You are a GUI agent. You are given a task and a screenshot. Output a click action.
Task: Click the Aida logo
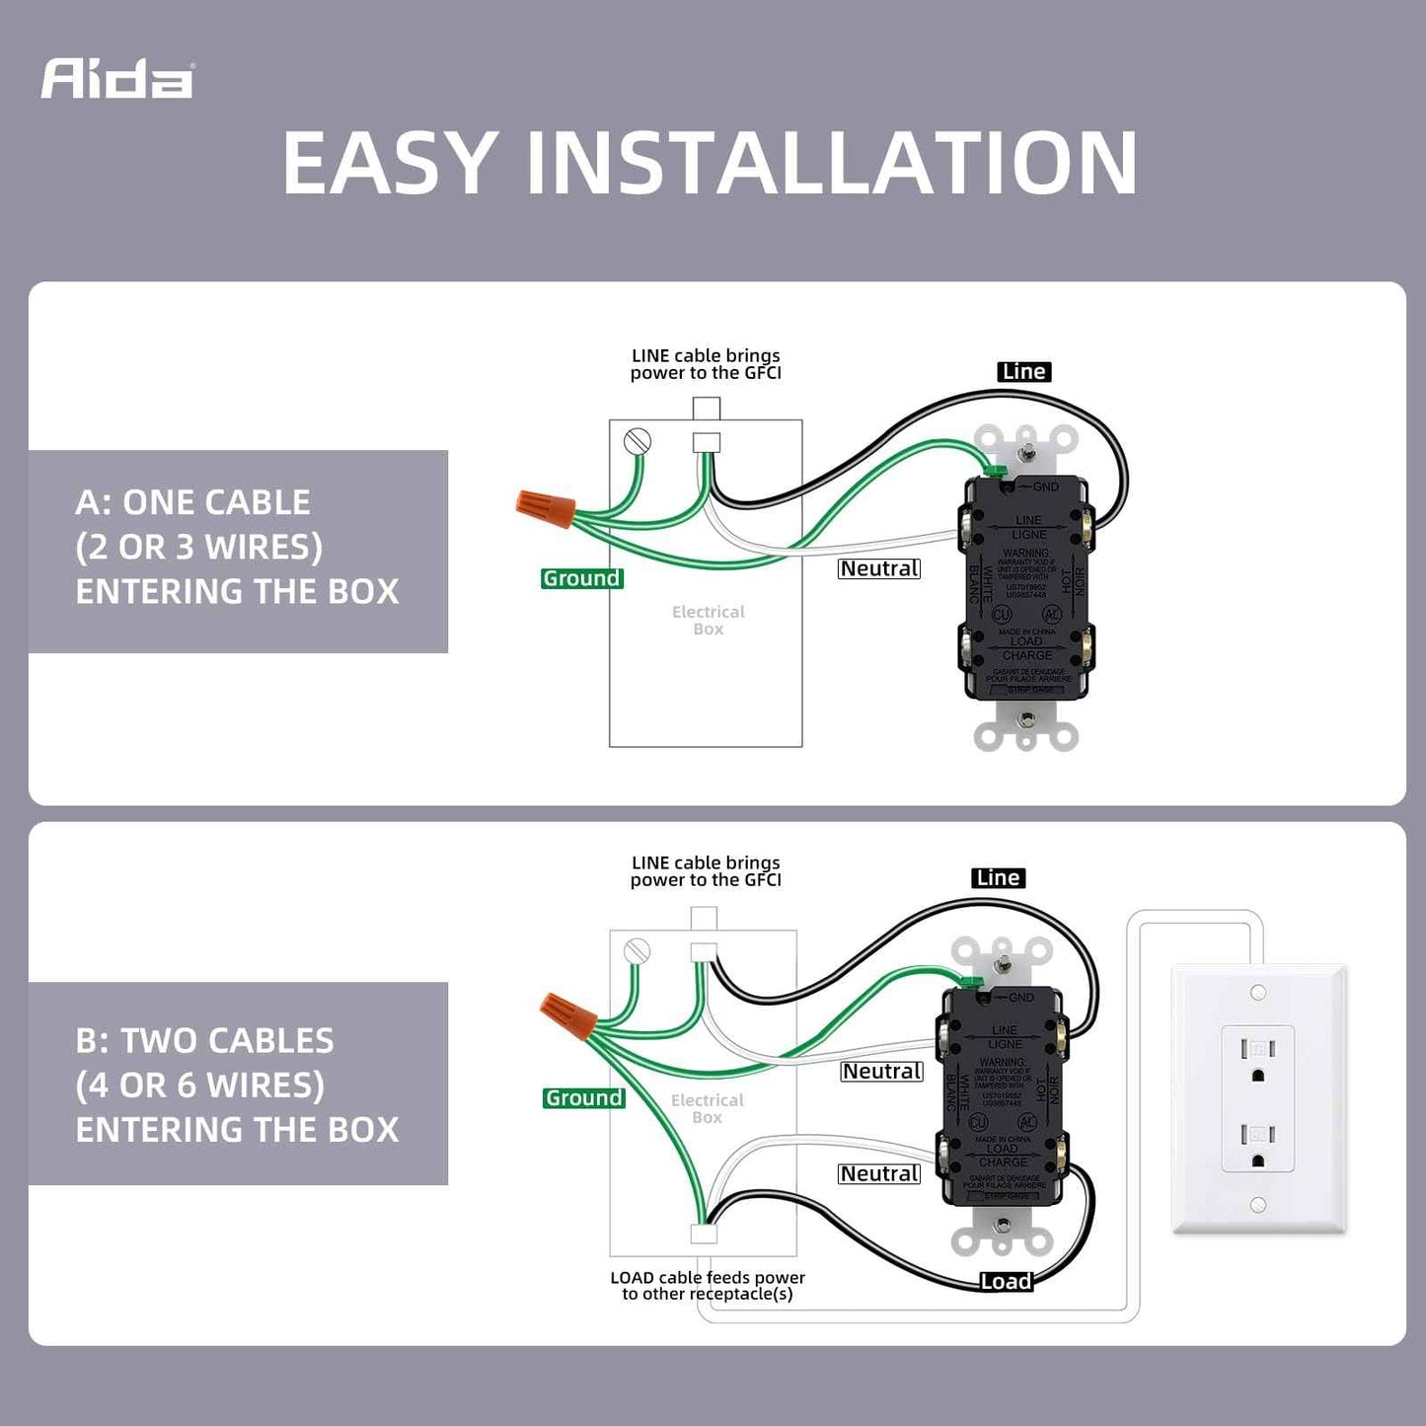[x=116, y=79]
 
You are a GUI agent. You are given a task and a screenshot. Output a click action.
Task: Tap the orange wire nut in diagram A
[x=546, y=507]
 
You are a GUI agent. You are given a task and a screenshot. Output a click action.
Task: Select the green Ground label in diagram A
[x=581, y=578]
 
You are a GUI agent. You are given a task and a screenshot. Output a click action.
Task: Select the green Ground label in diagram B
[x=583, y=1097]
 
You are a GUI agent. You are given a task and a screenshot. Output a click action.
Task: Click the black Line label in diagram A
[x=1023, y=372]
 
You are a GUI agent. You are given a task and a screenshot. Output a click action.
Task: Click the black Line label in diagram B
[x=998, y=878]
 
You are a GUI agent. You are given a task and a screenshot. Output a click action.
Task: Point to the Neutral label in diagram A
[x=878, y=568]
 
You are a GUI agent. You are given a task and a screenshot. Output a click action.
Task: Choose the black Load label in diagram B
[x=1006, y=1281]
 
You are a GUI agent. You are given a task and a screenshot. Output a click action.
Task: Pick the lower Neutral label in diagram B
[x=878, y=1173]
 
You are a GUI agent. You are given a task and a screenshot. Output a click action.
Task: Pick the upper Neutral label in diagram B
[x=881, y=1072]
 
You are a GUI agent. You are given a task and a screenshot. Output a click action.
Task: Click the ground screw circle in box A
[x=638, y=441]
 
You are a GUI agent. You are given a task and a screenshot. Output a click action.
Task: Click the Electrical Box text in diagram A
[x=708, y=620]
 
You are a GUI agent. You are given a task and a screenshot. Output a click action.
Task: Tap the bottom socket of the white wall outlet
[x=1257, y=1145]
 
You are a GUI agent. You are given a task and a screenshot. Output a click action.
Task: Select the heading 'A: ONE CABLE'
[x=192, y=502]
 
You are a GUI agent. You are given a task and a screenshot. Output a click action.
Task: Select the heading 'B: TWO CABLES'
[x=204, y=1040]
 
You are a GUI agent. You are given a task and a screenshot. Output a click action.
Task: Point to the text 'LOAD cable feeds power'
[x=708, y=1277]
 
